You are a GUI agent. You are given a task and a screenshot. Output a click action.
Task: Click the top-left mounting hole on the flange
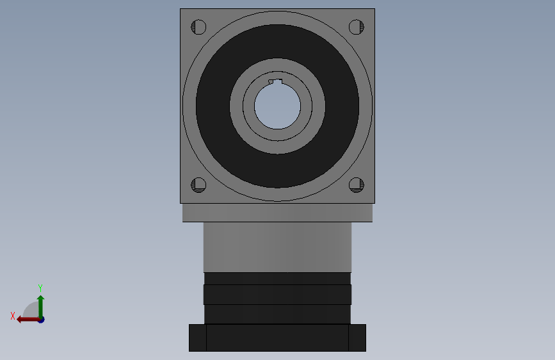pyautogui.click(x=198, y=27)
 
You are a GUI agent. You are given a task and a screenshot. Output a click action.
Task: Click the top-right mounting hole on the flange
pyautogui.click(x=356, y=27)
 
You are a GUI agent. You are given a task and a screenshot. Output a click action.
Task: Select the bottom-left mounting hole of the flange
pyautogui.click(x=198, y=185)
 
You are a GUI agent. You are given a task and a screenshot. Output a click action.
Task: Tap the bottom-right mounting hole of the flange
pyautogui.click(x=356, y=185)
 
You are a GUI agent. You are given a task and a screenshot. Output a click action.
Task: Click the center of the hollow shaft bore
pyautogui.click(x=277, y=106)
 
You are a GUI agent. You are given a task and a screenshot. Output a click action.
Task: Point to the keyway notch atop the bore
pyautogui.click(x=275, y=81)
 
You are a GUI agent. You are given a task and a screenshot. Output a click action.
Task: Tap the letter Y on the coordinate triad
pyautogui.click(x=40, y=288)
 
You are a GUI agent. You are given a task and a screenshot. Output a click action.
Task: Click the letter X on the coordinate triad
pyautogui.click(x=13, y=316)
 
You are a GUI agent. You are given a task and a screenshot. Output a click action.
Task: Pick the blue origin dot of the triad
pyautogui.click(x=41, y=320)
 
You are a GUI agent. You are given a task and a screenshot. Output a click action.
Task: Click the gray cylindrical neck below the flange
pyautogui.click(x=277, y=247)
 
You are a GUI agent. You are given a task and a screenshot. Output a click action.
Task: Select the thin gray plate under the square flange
pyautogui.click(x=277, y=213)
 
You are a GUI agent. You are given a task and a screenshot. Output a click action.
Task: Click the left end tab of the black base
pyautogui.click(x=197, y=338)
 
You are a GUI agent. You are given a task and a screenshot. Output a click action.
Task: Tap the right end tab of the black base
pyautogui.click(x=357, y=338)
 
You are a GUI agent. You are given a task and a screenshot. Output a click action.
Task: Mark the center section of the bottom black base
pyautogui.click(x=277, y=338)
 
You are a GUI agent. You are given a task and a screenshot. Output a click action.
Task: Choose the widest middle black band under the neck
pyautogui.click(x=277, y=295)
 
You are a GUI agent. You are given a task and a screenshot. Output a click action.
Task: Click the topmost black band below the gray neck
pyautogui.click(x=277, y=278)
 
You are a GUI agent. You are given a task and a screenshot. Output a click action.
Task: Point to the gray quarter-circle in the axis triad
pyautogui.click(x=31, y=310)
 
